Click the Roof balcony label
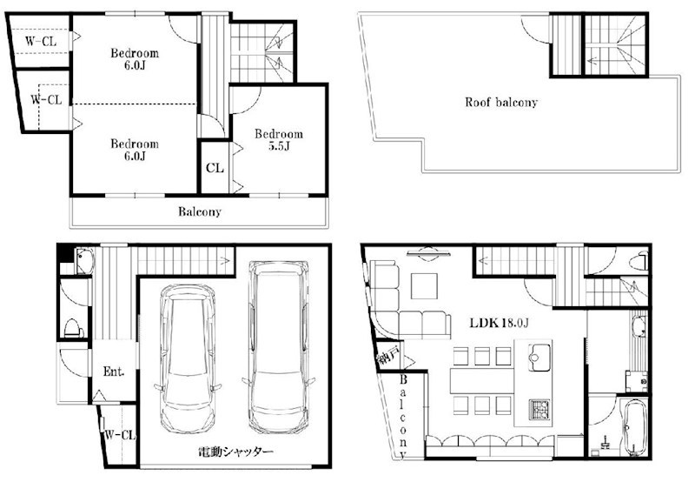pyautogui.click(x=501, y=103)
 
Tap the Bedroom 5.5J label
pyautogui.click(x=279, y=140)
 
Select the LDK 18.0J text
pyautogui.click(x=499, y=323)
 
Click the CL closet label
pyautogui.click(x=215, y=168)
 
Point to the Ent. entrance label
pyautogui.click(x=114, y=371)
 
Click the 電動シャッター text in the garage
pyautogui.click(x=235, y=452)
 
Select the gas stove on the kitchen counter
pyautogui.click(x=539, y=409)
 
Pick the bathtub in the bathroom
pyautogui.click(x=634, y=427)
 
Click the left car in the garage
pyautogui.click(x=189, y=358)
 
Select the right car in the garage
pyautogui.click(x=278, y=346)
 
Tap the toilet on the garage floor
pyautogui.click(x=74, y=327)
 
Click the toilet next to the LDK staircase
pyautogui.click(x=639, y=261)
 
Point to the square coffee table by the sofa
pyautogui.click(x=424, y=286)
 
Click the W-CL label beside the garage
pyautogui.click(x=120, y=435)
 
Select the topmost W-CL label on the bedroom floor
pyautogui.click(x=41, y=41)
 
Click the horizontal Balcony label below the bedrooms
pyautogui.click(x=200, y=211)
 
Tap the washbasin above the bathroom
pyautogui.click(x=638, y=326)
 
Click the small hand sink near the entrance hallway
pyautogui.click(x=84, y=262)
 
